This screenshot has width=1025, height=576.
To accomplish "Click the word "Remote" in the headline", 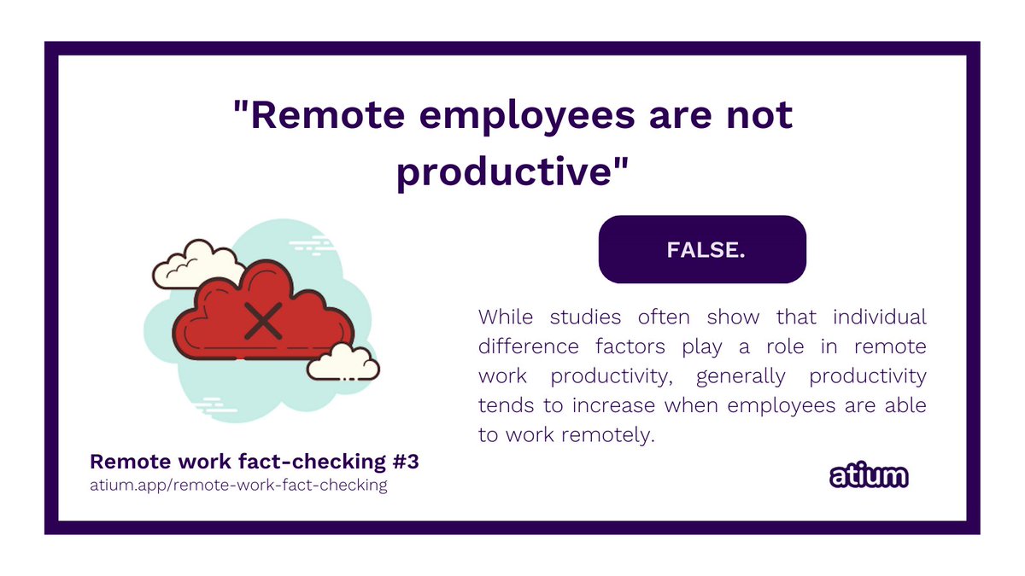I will pyautogui.click(x=319, y=117).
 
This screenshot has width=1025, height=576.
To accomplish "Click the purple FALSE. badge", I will pyautogui.click(x=702, y=249).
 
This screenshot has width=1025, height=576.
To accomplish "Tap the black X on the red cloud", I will pyautogui.click(x=264, y=320).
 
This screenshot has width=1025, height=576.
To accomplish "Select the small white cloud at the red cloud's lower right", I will pyautogui.click(x=343, y=362).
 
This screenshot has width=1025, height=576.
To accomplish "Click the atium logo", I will pyautogui.click(x=869, y=476).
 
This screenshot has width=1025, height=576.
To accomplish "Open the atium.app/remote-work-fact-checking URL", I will pyautogui.click(x=238, y=486).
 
